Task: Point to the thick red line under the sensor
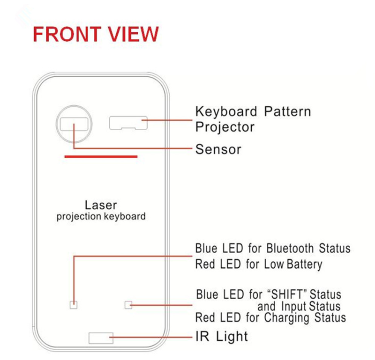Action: click(x=101, y=157)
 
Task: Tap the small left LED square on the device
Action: click(x=73, y=305)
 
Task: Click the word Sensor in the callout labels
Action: click(x=218, y=149)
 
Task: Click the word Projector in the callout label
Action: click(x=225, y=127)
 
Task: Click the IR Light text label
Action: click(x=222, y=336)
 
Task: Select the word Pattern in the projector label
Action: click(x=287, y=111)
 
